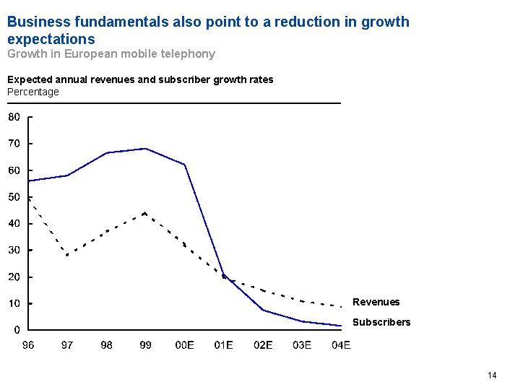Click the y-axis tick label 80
click(x=14, y=117)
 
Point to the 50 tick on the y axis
click(x=14, y=197)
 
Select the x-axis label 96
click(x=27, y=345)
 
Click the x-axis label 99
click(x=145, y=345)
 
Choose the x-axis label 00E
click(x=185, y=345)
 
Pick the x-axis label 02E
click(x=263, y=345)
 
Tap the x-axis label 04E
click(x=341, y=345)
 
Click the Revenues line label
click(x=376, y=302)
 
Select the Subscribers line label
click(x=381, y=322)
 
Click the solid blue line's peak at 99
click(x=146, y=149)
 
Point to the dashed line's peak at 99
click(x=145, y=214)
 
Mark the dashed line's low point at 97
click(x=67, y=255)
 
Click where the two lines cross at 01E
click(x=225, y=275)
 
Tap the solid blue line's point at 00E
click(x=185, y=165)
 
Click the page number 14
click(x=492, y=375)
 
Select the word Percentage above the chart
click(x=33, y=92)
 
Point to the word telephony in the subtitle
click(x=190, y=53)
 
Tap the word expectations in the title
click(x=51, y=38)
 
